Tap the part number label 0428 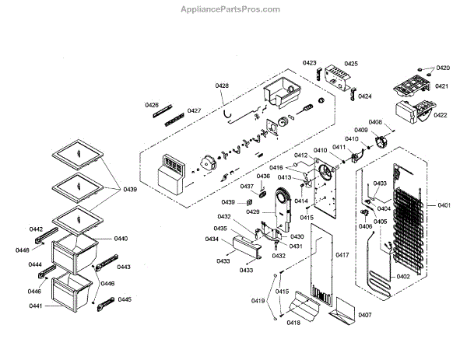[x=222, y=86]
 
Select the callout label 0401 [x=444, y=205]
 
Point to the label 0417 [x=342, y=255]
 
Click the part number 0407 [x=364, y=315]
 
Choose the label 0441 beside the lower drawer [x=36, y=306]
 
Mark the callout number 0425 [x=351, y=64]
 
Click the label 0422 [x=441, y=115]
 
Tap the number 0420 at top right [x=443, y=68]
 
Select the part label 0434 [x=212, y=239]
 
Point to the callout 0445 [x=125, y=299]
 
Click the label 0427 [x=194, y=111]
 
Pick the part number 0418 [x=293, y=323]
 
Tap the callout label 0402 [x=403, y=277]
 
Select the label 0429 [x=253, y=211]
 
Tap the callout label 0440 [x=121, y=239]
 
